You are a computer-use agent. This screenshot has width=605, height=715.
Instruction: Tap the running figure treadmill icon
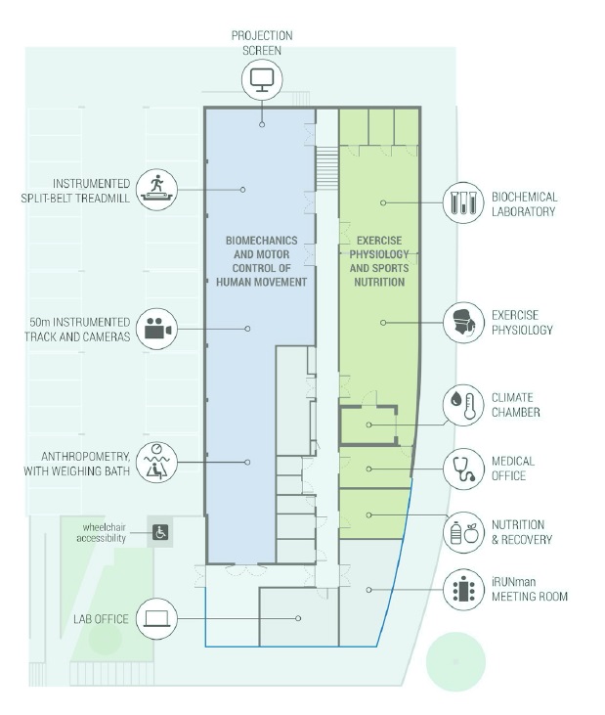[x=156, y=188]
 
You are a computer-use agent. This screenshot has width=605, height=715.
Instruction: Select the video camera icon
[x=156, y=329]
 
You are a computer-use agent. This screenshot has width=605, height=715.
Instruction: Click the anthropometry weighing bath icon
[x=156, y=462]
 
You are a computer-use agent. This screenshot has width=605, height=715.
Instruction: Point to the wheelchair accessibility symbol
[x=161, y=533]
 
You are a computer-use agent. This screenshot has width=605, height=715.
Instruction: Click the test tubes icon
[x=462, y=203]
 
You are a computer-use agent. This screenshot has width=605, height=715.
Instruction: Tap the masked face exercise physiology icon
[x=462, y=322]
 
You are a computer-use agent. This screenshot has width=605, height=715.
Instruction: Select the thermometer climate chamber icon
[x=462, y=405]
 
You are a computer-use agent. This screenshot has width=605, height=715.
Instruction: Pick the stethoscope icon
[x=462, y=469]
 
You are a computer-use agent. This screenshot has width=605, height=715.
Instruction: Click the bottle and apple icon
[x=462, y=532]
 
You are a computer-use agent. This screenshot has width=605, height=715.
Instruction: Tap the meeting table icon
[x=462, y=589]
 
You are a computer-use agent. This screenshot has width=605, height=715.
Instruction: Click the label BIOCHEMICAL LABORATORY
[x=524, y=203]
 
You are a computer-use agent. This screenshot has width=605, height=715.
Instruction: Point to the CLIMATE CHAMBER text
[x=515, y=405]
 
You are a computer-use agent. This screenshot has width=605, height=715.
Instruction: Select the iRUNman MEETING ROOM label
[x=529, y=589]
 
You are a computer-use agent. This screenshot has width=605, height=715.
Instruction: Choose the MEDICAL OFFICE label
[x=513, y=469]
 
